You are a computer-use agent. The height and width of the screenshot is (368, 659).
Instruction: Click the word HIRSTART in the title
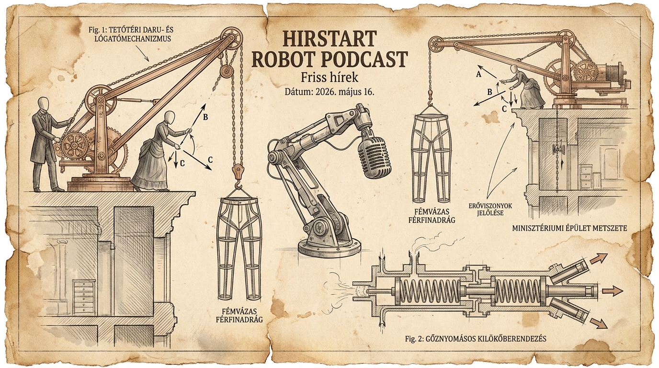329,38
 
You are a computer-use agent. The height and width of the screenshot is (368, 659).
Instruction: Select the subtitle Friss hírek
329,78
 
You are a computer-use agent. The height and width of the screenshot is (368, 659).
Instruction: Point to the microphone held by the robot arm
375,156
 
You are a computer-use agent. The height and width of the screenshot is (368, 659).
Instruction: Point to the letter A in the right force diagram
478,75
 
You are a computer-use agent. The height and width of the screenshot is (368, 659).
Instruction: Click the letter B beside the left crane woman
205,117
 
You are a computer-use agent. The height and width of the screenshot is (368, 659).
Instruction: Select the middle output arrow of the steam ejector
612,291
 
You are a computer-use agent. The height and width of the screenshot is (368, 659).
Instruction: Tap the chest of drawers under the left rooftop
84,298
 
